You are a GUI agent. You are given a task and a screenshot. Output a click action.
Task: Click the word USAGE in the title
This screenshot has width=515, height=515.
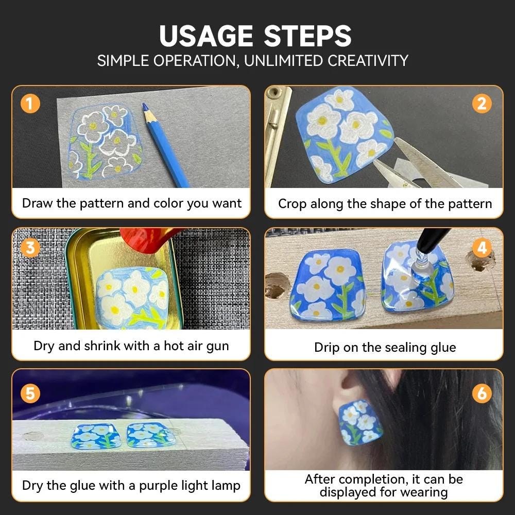pyautogui.click(x=206, y=36)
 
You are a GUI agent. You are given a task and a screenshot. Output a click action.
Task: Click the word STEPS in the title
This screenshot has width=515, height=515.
pyautogui.click(x=308, y=36)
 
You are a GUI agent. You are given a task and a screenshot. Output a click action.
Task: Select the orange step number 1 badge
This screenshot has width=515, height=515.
pyautogui.click(x=30, y=104)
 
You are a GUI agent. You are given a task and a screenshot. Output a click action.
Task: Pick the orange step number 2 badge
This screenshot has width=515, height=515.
pyautogui.click(x=482, y=104)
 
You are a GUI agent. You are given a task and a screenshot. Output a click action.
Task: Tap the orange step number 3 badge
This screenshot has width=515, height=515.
pyautogui.click(x=30, y=247)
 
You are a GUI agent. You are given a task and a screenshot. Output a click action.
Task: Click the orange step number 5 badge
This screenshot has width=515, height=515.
pyautogui.click(x=30, y=393)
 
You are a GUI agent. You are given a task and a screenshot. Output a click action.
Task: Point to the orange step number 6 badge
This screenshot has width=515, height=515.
pyautogui.click(x=482, y=393)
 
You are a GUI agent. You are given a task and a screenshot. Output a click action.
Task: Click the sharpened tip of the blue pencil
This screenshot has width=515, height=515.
pyautogui.click(x=144, y=105)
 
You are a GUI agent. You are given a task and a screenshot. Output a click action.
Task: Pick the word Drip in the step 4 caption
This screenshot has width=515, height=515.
pyautogui.click(x=327, y=348)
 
